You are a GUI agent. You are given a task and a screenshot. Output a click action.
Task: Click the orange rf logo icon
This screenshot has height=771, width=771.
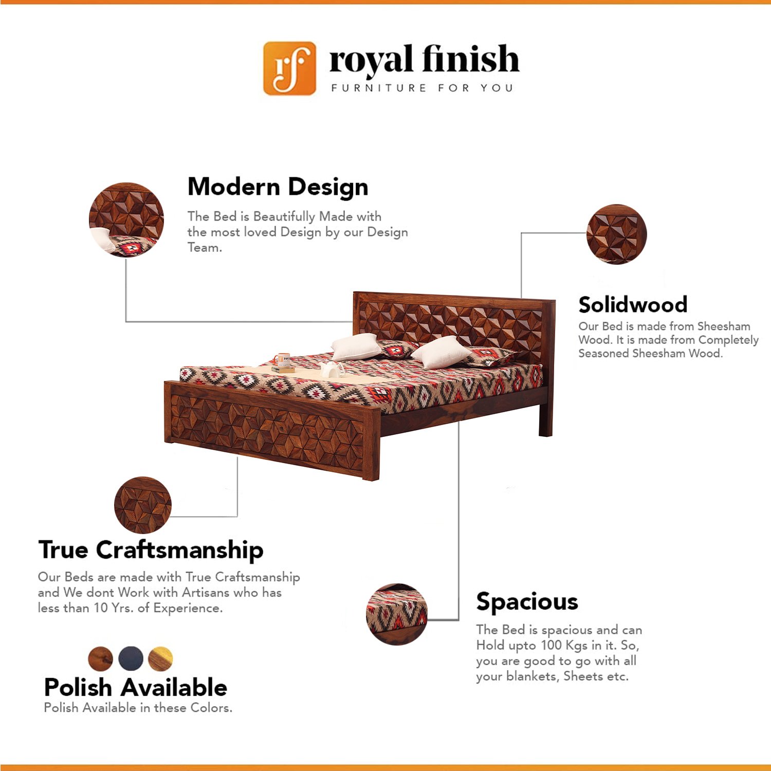pos(289,68)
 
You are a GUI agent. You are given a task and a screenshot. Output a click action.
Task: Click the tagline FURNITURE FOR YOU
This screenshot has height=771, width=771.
pos(422,88)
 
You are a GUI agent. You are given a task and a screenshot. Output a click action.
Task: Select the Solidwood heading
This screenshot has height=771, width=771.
pos(633,304)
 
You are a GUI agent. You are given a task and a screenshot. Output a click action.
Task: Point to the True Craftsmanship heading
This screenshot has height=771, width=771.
pos(151,550)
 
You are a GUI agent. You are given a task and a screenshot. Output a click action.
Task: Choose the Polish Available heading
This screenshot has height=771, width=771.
pos(136,687)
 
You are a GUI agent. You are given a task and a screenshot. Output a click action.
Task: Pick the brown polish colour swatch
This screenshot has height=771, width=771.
pos(100,658)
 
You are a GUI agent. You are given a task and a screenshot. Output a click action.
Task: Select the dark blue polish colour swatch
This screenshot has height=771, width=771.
pos(131,658)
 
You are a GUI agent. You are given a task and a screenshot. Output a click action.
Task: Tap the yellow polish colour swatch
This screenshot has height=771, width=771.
pos(160,658)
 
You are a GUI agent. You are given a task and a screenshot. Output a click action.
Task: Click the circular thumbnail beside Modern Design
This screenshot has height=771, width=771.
pos(126,219)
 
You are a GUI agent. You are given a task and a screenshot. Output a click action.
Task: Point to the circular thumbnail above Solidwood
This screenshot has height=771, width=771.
pos(616,234)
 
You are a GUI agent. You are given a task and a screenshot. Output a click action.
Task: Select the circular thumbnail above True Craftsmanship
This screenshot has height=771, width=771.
pos(143,505)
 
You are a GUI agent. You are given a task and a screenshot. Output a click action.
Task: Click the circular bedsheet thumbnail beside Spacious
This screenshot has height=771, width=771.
pos(396,614)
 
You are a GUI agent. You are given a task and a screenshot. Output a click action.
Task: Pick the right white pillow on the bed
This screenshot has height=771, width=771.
pos(440,352)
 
